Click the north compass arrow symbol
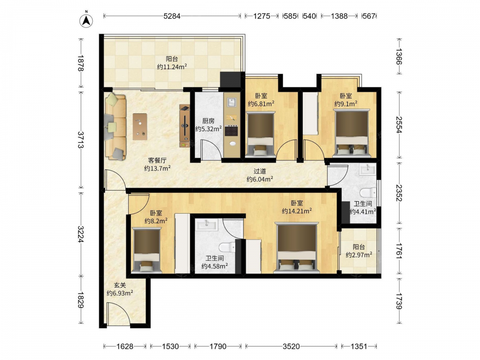pos(86,20)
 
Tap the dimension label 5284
pos(172,16)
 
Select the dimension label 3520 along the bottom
pos(291,346)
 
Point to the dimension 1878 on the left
pos(81,63)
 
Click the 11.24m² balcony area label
pos(172,67)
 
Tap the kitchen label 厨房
pos(208,121)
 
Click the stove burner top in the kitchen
pos(231,131)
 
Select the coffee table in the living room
pos(140,127)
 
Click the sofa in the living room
pos(115,127)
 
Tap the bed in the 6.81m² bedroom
pos(260,134)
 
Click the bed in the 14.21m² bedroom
pos(297,247)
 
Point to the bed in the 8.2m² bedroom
pos(146,250)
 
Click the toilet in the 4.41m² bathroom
pos(368,192)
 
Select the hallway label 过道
pos(260,172)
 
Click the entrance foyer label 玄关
pos(120,285)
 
